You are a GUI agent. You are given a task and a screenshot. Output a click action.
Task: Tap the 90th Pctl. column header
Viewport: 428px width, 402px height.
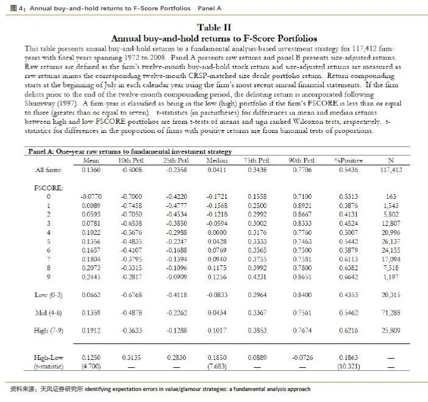coord(301,160)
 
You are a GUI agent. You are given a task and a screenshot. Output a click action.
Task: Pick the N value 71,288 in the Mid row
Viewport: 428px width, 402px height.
coord(391,313)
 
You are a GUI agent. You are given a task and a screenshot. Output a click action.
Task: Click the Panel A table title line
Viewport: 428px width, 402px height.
coord(130,151)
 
